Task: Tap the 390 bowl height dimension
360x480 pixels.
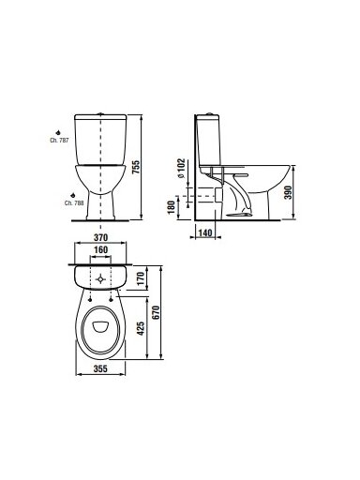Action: (288, 192)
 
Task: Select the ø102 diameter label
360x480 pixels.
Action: (181, 169)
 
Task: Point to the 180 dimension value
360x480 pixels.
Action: (172, 207)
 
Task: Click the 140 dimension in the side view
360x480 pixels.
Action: (205, 232)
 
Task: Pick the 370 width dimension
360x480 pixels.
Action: (100, 238)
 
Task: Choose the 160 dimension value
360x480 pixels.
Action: (100, 250)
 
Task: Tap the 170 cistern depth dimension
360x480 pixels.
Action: (141, 278)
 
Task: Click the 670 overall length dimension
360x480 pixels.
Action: (156, 312)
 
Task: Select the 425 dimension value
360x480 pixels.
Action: (141, 328)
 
